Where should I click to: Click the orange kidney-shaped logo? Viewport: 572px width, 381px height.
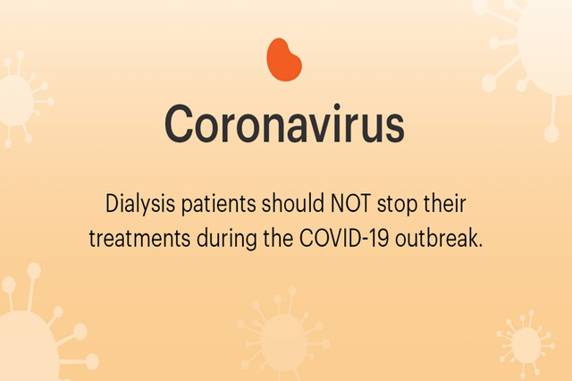(284, 60)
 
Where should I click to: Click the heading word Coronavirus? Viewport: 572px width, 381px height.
(284, 124)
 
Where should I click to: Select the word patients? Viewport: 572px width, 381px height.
(218, 204)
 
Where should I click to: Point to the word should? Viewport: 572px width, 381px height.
(293, 203)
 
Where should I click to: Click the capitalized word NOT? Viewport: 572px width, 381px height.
(350, 203)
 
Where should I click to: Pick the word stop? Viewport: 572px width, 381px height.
(397, 205)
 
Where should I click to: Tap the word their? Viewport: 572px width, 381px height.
(445, 203)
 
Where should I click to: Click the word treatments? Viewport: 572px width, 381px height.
(139, 239)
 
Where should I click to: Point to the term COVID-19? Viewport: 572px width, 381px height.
(344, 238)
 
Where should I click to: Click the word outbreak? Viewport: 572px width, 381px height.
(439, 238)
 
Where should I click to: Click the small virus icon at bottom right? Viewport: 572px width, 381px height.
(526, 343)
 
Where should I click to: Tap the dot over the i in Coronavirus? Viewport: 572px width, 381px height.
(337, 106)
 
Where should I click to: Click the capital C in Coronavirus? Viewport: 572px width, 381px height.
(179, 124)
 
